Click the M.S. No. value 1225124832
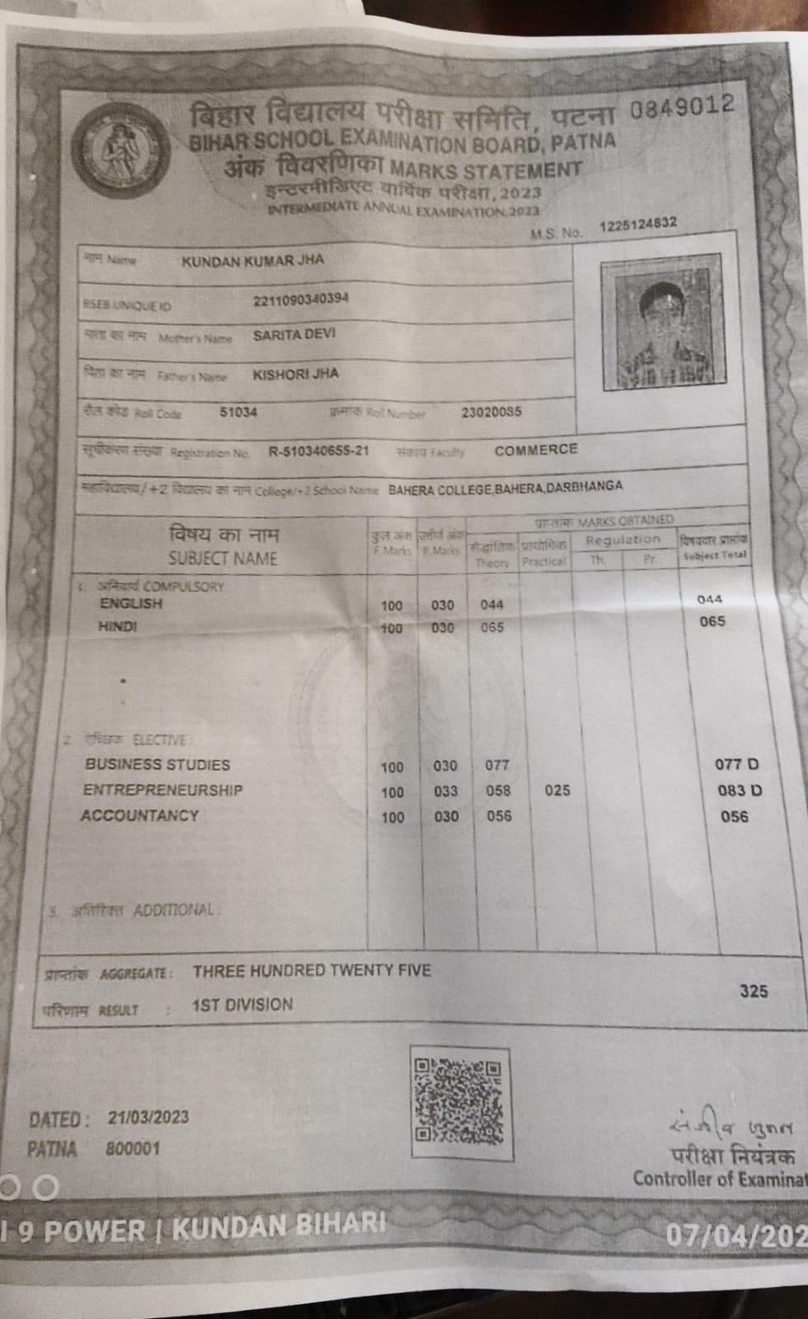[x=638, y=224]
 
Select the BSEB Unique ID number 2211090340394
[x=301, y=299]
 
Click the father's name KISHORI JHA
[x=295, y=374]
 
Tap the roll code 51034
[x=238, y=412]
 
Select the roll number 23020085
[x=491, y=412]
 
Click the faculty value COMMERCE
[x=536, y=450]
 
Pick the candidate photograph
[x=664, y=327]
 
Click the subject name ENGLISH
[x=131, y=603]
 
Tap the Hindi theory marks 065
[x=491, y=627]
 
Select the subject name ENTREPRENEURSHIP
[x=162, y=789]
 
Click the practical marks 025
[x=557, y=790]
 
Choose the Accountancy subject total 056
[x=734, y=817]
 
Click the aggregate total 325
[x=754, y=991]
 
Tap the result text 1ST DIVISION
[x=242, y=1005]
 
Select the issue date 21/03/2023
[x=148, y=1118]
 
